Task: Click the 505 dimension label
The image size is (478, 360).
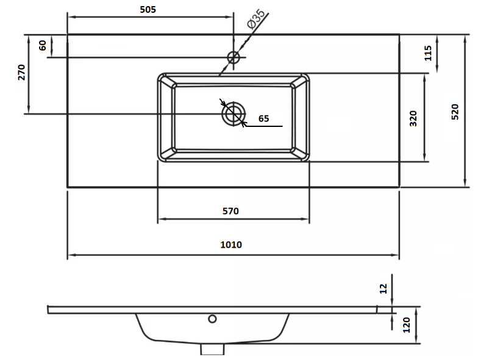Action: point(148,10)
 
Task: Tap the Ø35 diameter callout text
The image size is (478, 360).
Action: point(256,20)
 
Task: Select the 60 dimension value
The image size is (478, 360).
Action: point(43,45)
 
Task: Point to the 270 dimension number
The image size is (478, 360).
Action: point(21,72)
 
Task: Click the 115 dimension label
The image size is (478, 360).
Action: point(428,53)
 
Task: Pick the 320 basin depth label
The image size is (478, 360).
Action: point(413,118)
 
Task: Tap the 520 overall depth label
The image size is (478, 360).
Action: point(455,112)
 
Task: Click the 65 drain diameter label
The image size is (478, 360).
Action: point(263,118)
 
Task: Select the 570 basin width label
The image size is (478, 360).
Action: point(230,211)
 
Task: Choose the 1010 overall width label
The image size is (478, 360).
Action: point(231,245)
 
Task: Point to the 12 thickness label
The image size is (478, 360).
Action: point(383,289)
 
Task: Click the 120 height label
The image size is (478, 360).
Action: point(407,325)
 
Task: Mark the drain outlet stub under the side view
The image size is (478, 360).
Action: point(212,349)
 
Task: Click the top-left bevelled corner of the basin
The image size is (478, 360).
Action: point(167,82)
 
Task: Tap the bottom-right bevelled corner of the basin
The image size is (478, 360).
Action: point(300,154)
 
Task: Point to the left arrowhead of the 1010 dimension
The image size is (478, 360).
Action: point(71,255)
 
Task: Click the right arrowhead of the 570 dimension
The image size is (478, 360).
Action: point(305,218)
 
